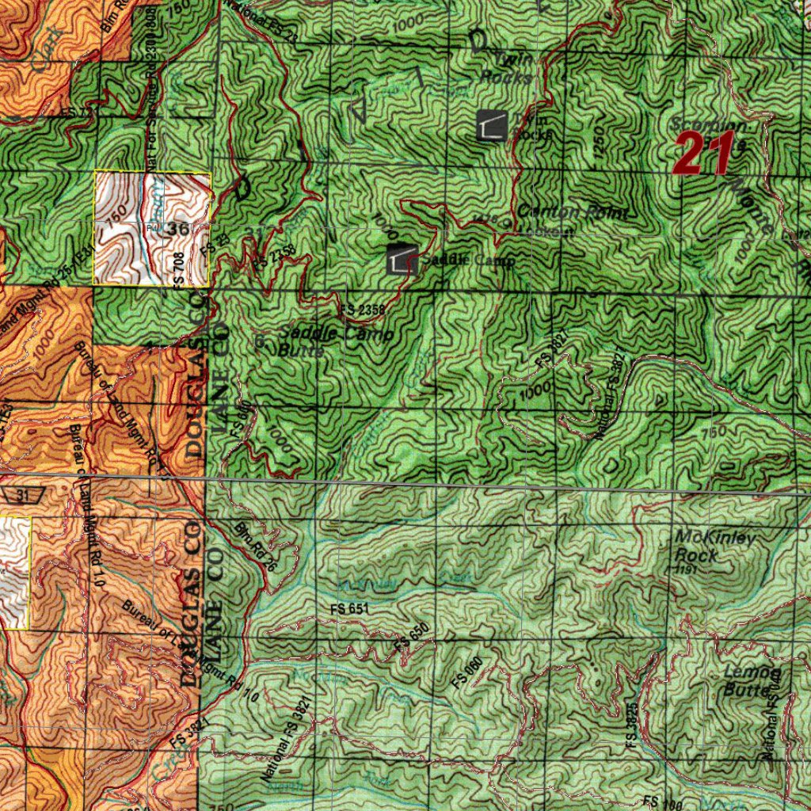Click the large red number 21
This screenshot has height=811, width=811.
tap(702, 154)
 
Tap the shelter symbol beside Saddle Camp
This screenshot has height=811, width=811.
tap(402, 260)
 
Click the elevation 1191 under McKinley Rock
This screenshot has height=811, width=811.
tap(685, 569)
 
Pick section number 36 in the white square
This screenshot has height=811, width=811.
tap(177, 229)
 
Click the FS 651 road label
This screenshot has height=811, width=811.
tap(348, 609)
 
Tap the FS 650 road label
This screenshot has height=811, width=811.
tap(411, 638)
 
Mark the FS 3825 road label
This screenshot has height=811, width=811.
tap(631, 725)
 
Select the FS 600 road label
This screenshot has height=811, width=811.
tap(242, 418)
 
